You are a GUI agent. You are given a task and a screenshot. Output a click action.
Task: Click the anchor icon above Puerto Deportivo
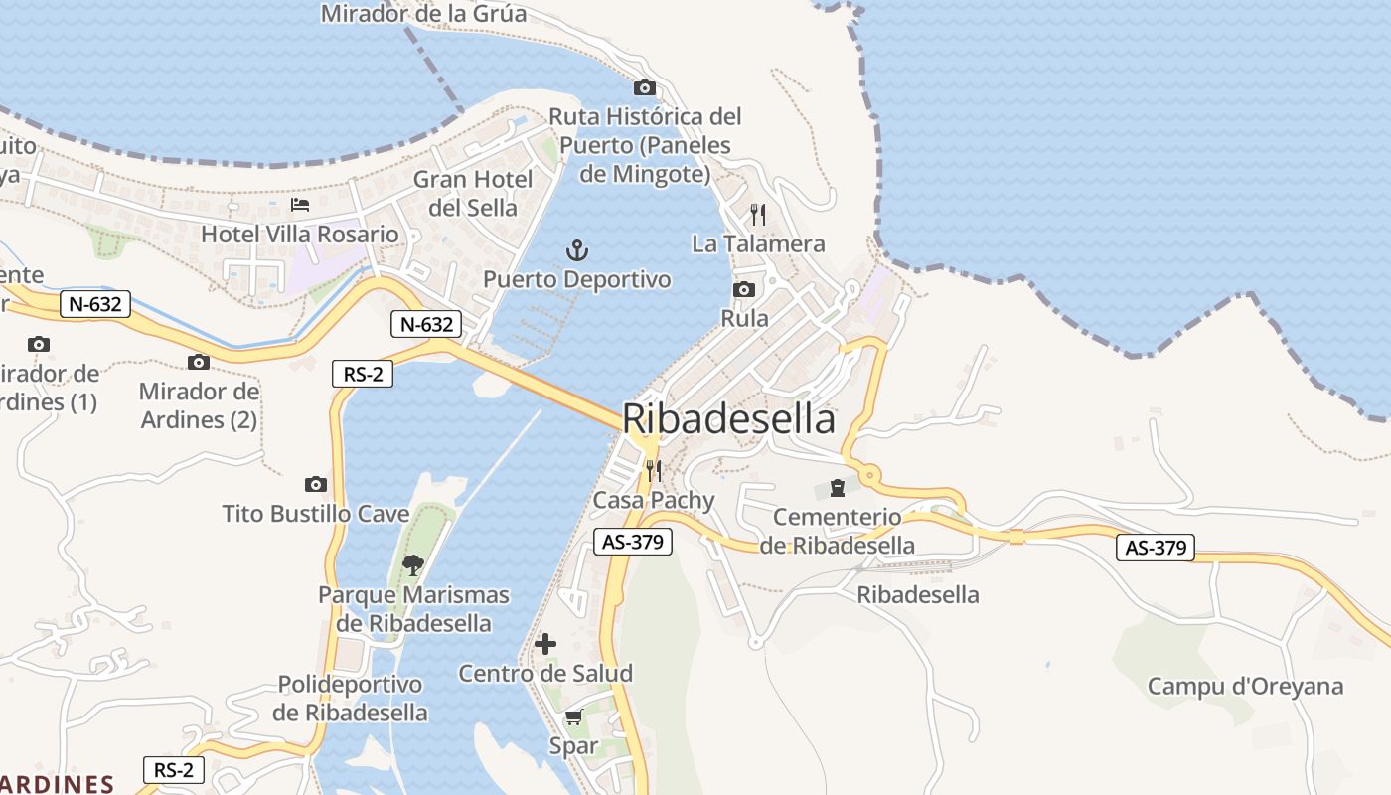click(576, 250)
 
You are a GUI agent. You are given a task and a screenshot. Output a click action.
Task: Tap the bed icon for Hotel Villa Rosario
click(299, 205)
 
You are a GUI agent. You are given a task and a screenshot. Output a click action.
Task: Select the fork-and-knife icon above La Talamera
click(758, 214)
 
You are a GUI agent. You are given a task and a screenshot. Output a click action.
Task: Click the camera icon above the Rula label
click(743, 289)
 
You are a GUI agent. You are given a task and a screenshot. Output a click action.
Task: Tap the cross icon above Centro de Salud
click(544, 644)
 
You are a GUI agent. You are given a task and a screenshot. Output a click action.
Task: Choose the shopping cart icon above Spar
click(573, 716)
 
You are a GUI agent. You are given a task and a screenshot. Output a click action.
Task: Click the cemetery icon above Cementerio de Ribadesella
click(837, 488)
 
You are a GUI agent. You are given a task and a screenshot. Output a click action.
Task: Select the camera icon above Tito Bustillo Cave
click(316, 484)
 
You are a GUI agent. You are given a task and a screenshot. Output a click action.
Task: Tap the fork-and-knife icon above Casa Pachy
click(653, 470)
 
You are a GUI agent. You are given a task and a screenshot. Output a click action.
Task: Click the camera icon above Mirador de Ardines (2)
click(199, 362)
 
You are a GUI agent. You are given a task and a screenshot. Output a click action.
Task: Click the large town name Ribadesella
click(728, 419)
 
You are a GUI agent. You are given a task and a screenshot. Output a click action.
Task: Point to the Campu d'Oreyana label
click(1245, 686)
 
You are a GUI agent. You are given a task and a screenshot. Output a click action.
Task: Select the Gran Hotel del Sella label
click(473, 193)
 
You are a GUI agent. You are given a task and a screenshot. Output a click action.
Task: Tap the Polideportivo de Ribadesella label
click(350, 699)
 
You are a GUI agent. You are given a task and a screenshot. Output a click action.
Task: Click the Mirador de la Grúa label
click(423, 14)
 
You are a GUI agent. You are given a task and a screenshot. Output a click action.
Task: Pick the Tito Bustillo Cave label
click(316, 513)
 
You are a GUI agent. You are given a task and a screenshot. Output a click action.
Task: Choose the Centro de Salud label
click(544, 673)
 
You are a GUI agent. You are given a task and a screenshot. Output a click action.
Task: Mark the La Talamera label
click(758, 243)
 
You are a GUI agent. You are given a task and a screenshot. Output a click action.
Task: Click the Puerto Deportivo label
click(576, 279)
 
